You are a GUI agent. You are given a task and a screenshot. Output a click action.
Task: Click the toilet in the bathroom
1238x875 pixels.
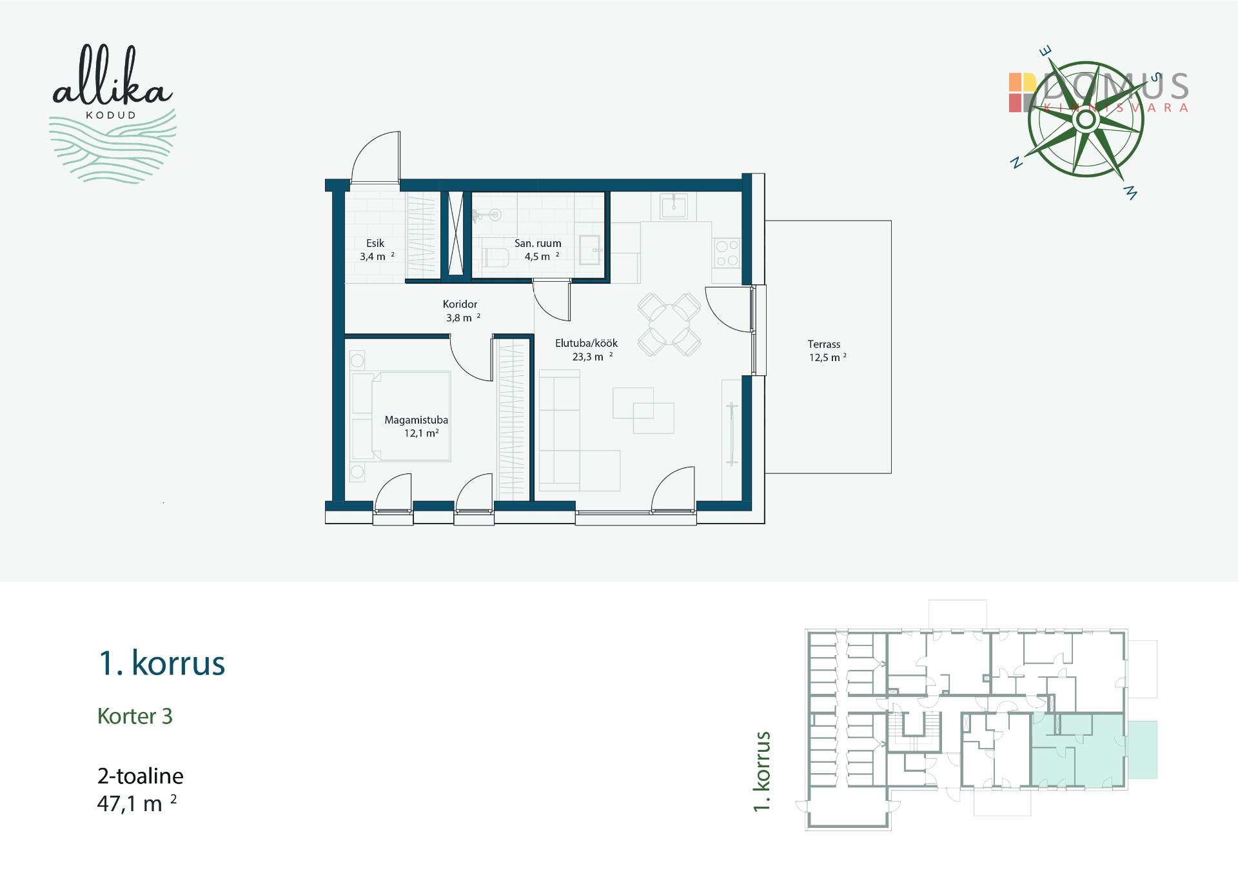click(x=495, y=258)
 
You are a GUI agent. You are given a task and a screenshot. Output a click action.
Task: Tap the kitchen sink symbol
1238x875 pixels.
click(x=674, y=206)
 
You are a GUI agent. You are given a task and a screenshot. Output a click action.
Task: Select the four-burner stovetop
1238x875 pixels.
click(x=727, y=253)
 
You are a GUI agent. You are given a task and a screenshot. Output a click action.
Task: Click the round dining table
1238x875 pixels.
click(x=669, y=324)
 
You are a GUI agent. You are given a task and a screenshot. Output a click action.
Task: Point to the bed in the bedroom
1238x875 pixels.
click(x=400, y=416)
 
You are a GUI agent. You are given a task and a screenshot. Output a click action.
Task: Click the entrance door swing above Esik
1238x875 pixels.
click(x=376, y=157)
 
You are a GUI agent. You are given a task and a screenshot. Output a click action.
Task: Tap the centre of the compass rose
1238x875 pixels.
click(x=1086, y=119)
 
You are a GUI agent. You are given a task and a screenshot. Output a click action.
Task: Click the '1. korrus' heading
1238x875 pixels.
click(x=162, y=663)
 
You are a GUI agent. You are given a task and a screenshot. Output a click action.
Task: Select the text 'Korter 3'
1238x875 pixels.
click(x=135, y=716)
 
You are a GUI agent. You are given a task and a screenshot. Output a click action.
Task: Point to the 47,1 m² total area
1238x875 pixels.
click(x=137, y=803)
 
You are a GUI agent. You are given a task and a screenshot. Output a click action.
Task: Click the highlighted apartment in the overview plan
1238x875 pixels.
click(x=1078, y=750)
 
